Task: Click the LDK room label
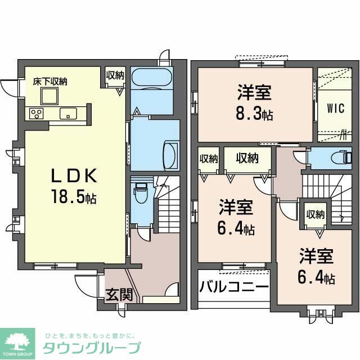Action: tap(75, 176)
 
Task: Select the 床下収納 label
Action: tap(49, 82)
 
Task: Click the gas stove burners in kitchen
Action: tap(37, 114)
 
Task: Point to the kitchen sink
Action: tap(68, 113)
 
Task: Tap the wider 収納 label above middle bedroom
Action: tap(247, 159)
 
